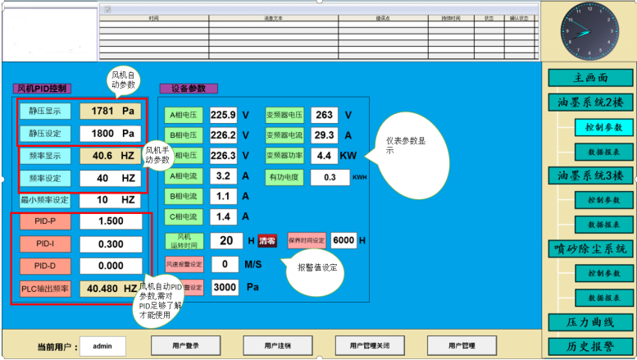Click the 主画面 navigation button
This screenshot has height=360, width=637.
(x=590, y=79)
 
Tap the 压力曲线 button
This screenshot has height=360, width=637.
(x=590, y=322)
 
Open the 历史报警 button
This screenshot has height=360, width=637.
(x=590, y=347)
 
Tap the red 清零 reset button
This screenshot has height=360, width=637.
(x=267, y=241)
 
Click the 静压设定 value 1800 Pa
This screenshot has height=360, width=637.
(x=110, y=133)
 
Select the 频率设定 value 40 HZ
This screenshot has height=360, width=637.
(x=110, y=178)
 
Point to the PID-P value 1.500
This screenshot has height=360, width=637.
(x=110, y=221)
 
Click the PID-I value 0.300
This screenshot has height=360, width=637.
(x=110, y=244)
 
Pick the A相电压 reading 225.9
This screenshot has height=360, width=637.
(x=223, y=115)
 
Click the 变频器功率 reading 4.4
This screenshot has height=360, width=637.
(x=324, y=155)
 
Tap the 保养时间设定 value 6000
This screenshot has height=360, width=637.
(x=344, y=240)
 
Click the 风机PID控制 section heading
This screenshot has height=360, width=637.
(x=43, y=88)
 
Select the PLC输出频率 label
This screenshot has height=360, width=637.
(x=46, y=289)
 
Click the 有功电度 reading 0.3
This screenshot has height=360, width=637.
(x=330, y=176)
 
